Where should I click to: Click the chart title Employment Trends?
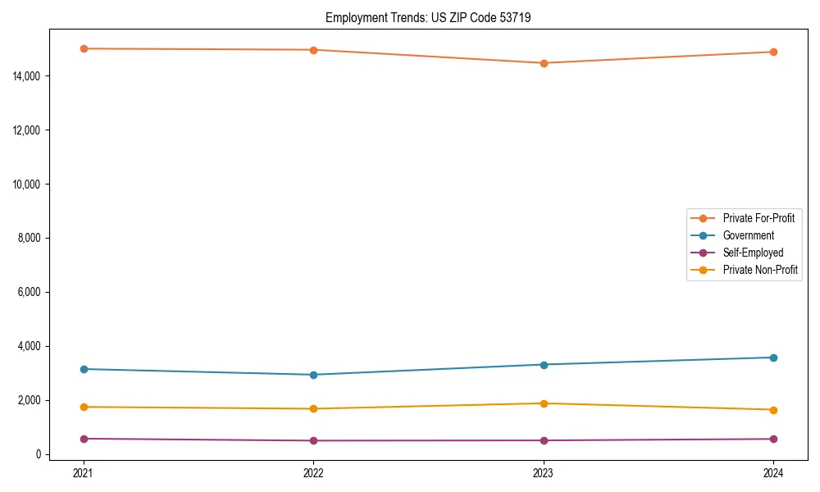[428, 17]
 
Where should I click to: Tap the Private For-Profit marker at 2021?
[83, 48]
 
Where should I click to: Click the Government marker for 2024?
[773, 358]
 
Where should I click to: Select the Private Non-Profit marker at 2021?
[83, 407]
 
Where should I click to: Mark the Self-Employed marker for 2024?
[773, 439]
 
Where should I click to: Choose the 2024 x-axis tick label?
[773, 472]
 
